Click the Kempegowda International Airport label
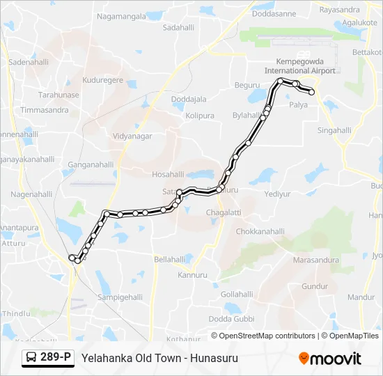point(300,66)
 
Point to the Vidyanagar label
point(132,136)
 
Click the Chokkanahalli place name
point(260,231)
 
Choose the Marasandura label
point(315,260)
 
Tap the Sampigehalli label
point(120,297)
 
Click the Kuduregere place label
point(102,80)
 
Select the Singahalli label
point(334,130)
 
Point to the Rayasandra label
point(339,10)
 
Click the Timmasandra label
point(44,111)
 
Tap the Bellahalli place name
point(170,259)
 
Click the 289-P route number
point(56,358)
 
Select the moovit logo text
point(336,359)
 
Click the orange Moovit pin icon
point(304,358)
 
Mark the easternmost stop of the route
point(311,92)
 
